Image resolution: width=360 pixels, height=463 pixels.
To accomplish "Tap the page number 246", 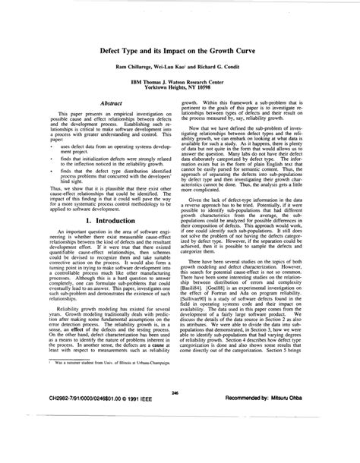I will [175, 414].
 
